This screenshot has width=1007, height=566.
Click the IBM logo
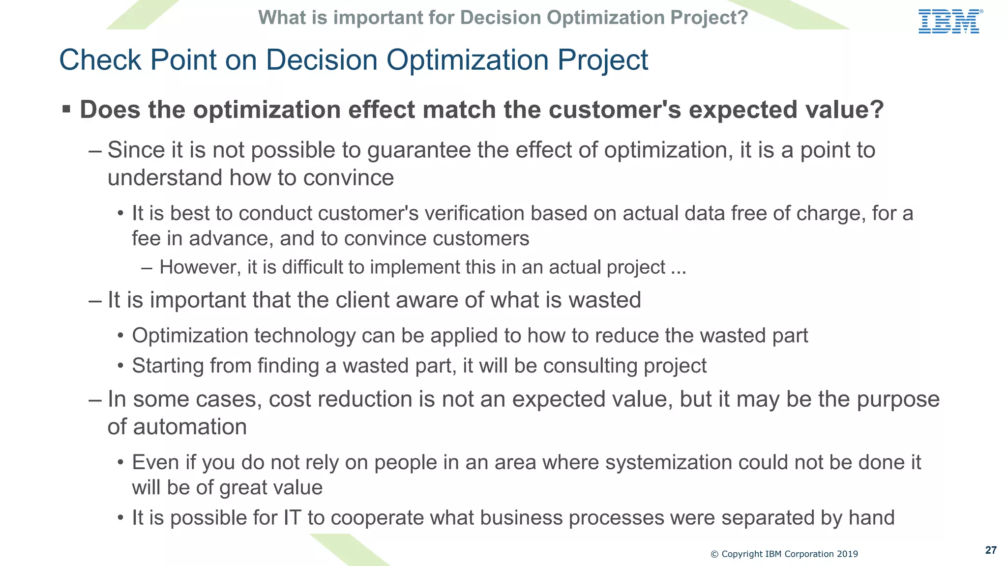pyautogui.click(x=949, y=22)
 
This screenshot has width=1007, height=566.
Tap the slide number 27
pyautogui.click(x=991, y=550)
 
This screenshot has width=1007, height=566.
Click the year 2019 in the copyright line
pyautogui.click(x=847, y=554)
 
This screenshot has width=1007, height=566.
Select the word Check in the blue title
pyautogui.click(x=100, y=60)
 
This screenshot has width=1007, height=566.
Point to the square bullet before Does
pyautogui.click(x=66, y=109)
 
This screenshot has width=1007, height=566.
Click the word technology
pyautogui.click(x=305, y=336)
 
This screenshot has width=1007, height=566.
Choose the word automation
pyautogui.click(x=190, y=427)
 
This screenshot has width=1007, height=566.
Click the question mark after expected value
pyautogui.click(x=876, y=110)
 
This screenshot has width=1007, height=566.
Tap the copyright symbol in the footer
pyautogui.click(x=714, y=554)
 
